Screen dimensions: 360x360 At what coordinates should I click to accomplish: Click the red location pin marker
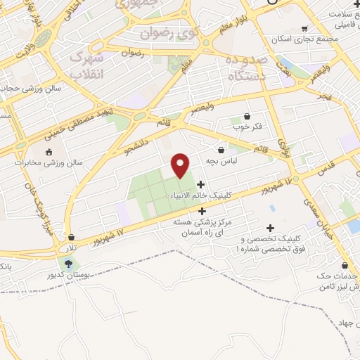point(181,165)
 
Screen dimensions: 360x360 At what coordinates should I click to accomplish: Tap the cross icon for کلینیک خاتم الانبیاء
point(201,184)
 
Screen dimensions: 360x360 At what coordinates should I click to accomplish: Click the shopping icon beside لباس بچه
point(221,149)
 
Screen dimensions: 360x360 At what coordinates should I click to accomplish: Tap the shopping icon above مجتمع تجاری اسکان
point(304,29)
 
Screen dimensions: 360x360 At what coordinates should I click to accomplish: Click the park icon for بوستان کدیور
point(68,264)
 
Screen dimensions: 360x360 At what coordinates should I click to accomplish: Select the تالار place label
point(67,249)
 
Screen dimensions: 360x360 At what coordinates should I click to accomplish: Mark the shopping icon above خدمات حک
point(345,266)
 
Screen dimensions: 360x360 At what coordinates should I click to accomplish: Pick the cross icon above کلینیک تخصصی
point(270,228)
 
